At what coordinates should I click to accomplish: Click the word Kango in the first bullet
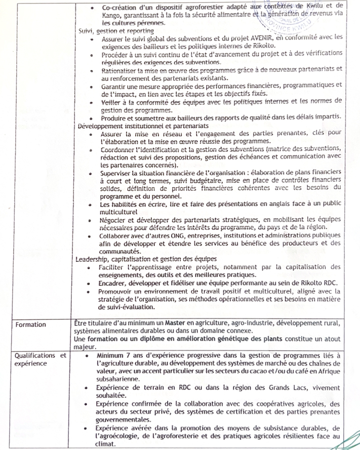pos(111,16)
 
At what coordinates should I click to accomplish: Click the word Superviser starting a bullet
pos(119,172)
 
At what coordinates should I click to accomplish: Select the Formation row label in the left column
pos(30,324)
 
